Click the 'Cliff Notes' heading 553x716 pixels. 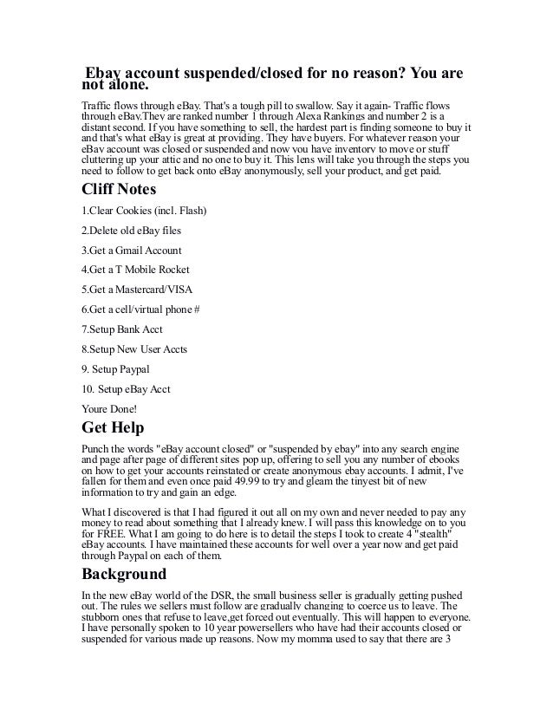(x=127, y=191)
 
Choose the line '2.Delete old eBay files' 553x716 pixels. (x=131, y=231)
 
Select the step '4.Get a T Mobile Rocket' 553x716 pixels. (x=135, y=270)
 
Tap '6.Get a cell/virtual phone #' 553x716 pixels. (x=140, y=309)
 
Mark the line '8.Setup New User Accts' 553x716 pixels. (x=134, y=349)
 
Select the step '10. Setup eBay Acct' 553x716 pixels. (x=126, y=388)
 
